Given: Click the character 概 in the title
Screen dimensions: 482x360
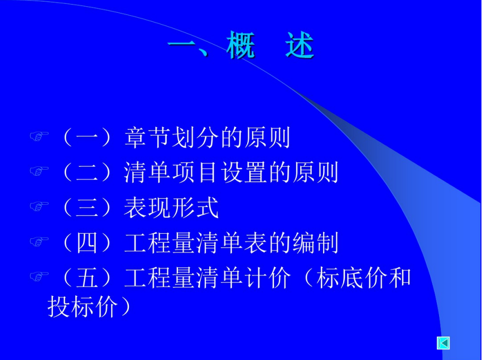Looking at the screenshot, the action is (241, 46).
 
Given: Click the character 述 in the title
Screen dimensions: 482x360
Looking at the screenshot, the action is (300, 46).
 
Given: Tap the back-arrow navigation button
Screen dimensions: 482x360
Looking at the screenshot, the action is (444, 343).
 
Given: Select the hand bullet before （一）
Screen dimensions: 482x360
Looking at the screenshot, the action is (39, 136).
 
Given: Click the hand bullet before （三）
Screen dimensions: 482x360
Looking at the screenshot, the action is (39, 206).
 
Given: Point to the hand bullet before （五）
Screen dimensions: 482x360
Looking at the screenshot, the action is (39, 276).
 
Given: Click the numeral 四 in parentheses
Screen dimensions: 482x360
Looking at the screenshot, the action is (87, 243).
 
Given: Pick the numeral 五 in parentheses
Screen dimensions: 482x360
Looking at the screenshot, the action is (87, 277).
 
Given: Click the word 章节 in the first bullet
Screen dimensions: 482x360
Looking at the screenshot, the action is (147, 137).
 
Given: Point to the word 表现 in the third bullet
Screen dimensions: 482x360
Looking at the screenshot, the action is (147, 208).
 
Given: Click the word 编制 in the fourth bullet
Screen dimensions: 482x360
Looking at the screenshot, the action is (315, 243).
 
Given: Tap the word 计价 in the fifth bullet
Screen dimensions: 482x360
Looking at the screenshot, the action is (267, 277).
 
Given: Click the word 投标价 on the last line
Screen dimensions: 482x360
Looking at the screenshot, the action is (83, 306).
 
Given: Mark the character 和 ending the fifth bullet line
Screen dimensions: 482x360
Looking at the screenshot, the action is (399, 277).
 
